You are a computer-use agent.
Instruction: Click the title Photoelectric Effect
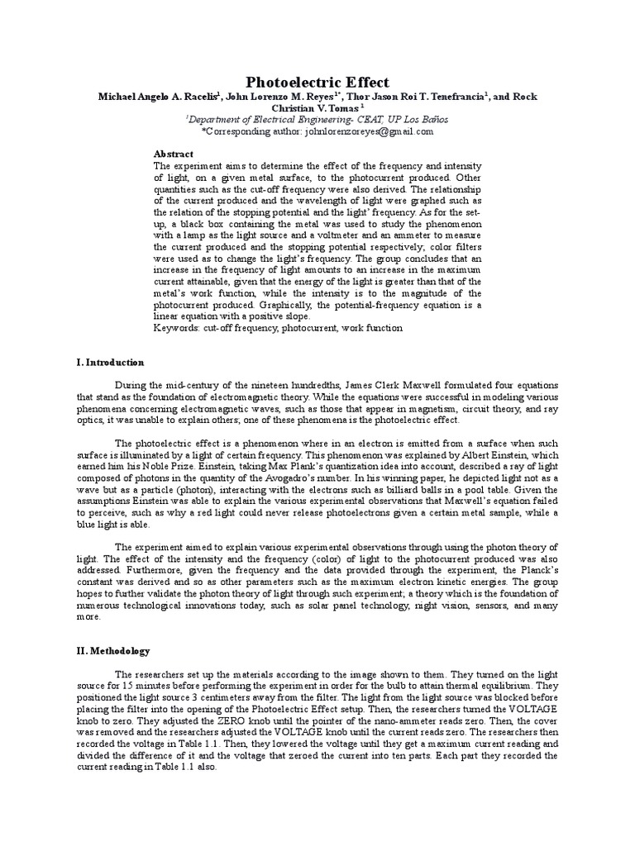(x=317, y=81)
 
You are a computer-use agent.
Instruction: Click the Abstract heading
(x=174, y=154)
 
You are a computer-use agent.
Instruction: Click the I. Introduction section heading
(x=109, y=362)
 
